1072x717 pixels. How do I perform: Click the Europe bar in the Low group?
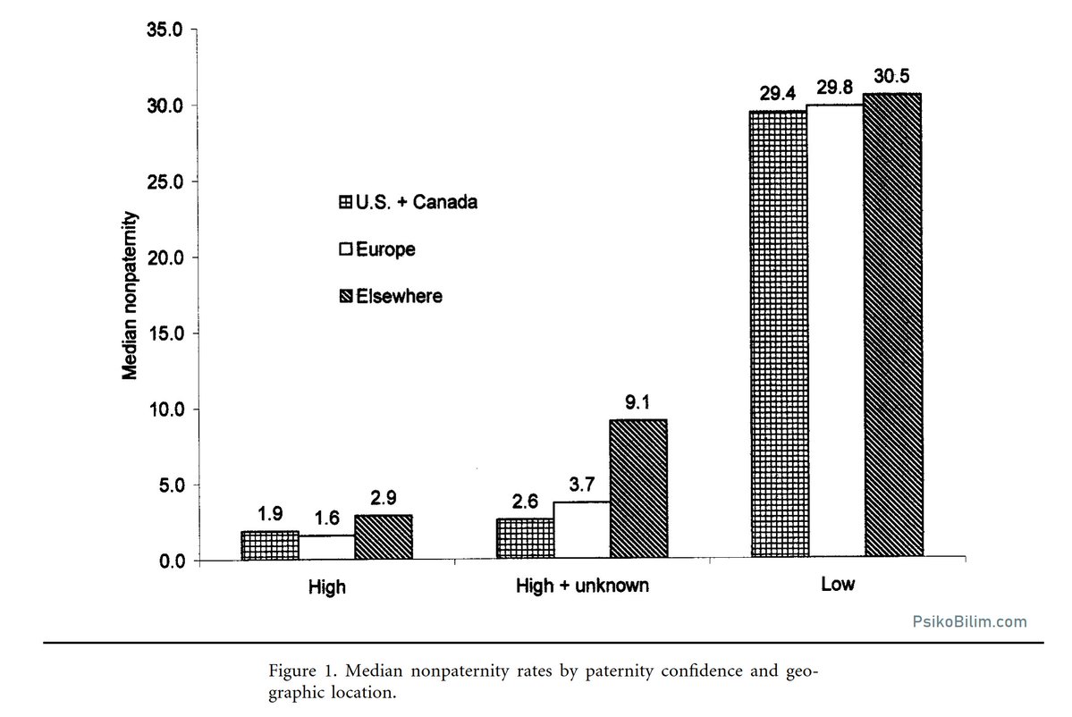[835, 332]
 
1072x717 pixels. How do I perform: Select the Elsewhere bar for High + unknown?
[638, 489]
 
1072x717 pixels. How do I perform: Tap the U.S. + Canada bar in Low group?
[779, 334]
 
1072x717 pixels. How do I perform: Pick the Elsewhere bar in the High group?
[384, 537]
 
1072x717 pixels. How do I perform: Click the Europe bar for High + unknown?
[582, 530]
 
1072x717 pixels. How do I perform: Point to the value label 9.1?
[637, 402]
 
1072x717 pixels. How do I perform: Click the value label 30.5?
[891, 77]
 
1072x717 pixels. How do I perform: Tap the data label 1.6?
[327, 519]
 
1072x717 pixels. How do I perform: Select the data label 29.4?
[778, 94]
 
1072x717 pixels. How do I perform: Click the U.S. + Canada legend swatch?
[346, 202]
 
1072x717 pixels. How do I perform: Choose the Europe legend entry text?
[385, 249]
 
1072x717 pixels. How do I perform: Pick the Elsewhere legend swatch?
[346, 296]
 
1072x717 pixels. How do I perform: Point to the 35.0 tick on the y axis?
[165, 30]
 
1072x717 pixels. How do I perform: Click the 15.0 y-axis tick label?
[165, 333]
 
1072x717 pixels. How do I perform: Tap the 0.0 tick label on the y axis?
[173, 561]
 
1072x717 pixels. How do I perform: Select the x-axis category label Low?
[838, 585]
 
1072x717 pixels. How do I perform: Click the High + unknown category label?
[582, 586]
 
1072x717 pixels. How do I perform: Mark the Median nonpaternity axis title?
[130, 295]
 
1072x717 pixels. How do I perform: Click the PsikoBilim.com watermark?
[969, 621]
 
